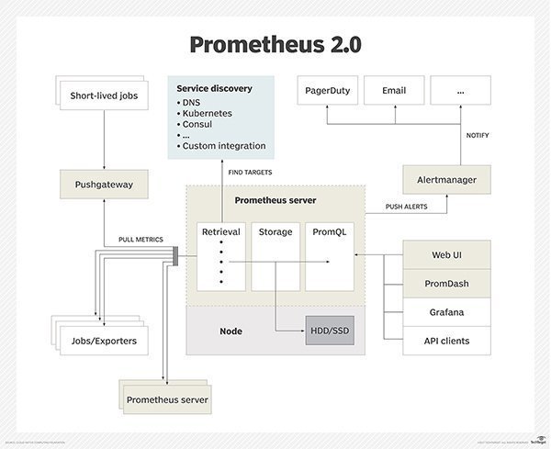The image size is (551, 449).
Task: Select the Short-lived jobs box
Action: click(x=108, y=95)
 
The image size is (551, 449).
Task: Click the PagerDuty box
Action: click(x=325, y=91)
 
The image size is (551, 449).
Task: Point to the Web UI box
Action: click(x=446, y=254)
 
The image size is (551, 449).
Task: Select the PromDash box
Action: click(x=446, y=283)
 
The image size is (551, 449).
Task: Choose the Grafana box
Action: click(x=446, y=312)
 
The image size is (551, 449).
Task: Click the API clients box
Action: click(x=446, y=341)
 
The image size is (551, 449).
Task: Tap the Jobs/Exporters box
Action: click(x=105, y=341)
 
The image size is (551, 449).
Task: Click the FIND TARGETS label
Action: click(x=250, y=172)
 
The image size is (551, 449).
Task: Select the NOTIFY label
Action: click(x=478, y=135)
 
